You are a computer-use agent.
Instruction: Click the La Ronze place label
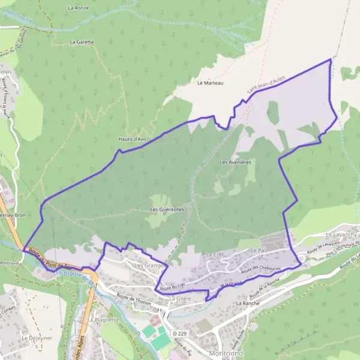tap(78, 8)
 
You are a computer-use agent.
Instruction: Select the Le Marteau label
tap(210, 83)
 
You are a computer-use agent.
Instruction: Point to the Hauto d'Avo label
tap(133, 139)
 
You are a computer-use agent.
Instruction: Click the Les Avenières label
tap(235, 162)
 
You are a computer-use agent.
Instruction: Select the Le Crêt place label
tap(214, 256)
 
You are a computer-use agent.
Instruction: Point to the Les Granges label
tap(149, 265)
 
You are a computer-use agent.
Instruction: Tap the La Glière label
tap(179, 298)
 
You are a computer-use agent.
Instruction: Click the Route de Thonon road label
tap(132, 296)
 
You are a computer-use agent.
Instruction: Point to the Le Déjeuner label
tap(34, 338)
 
